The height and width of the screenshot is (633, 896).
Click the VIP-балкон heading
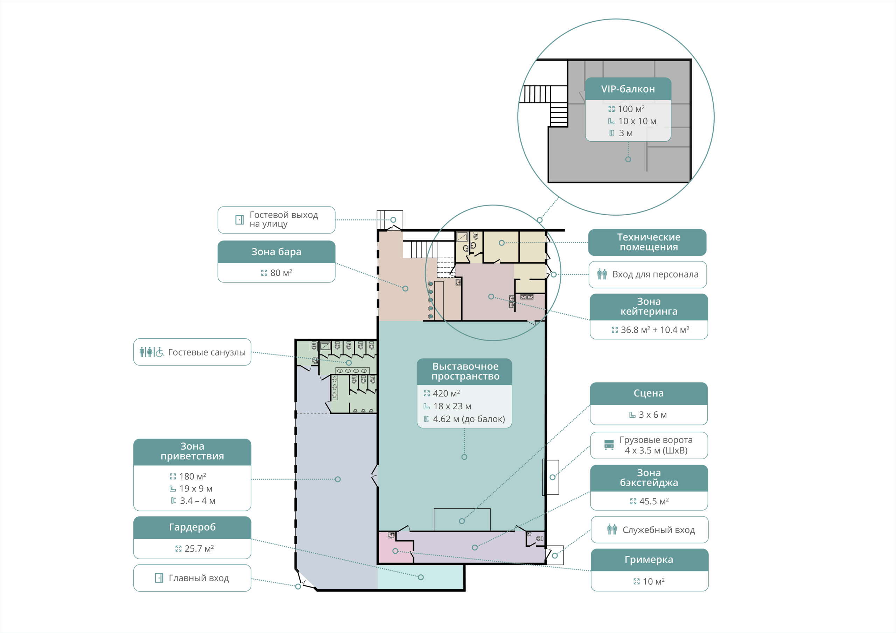[x=628, y=89]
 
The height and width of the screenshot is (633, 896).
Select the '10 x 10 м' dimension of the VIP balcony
[x=637, y=121]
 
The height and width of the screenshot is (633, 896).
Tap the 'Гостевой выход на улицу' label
[x=284, y=220]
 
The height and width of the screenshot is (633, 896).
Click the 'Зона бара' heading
[x=276, y=252]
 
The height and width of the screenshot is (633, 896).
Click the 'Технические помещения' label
[x=649, y=242]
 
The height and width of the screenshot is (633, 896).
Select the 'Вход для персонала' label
[x=655, y=274]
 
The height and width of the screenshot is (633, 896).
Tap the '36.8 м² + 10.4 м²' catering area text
[x=655, y=330]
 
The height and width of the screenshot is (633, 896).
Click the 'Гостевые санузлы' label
[x=207, y=352]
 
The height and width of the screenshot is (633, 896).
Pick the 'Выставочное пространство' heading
[x=465, y=371]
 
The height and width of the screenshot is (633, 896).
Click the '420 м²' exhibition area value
[x=447, y=393]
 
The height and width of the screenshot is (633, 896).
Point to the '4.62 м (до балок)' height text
[x=469, y=419]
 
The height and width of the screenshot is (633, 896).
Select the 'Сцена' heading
[x=649, y=393]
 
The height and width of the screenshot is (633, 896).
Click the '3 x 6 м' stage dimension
[x=652, y=415]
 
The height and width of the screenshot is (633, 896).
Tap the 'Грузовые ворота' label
[x=656, y=440]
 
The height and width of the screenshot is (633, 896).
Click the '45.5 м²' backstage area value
[x=654, y=501]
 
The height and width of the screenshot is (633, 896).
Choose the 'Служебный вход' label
[x=659, y=530]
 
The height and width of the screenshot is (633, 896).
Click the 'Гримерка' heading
[x=649, y=560]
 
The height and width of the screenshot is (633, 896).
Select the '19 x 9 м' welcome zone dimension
[x=196, y=489]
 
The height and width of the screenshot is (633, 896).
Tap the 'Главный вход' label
[x=199, y=578]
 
